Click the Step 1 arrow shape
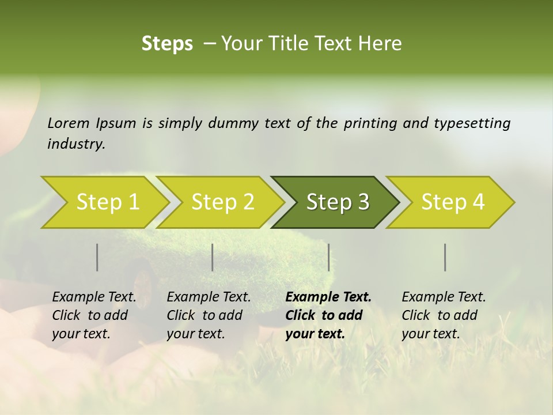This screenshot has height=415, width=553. click(107, 202)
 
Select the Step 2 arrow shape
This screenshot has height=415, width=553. click(222, 202)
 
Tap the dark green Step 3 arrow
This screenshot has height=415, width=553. click(337, 202)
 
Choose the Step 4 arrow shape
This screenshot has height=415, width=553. click(452, 202)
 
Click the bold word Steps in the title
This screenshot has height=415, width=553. click(167, 44)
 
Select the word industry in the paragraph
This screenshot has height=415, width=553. click(76, 144)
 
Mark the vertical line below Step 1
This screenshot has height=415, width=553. click(97, 257)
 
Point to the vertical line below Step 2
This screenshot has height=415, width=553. click(213, 257)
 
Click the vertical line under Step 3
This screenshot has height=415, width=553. click(328, 257)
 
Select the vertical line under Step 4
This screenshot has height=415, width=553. click(445, 257)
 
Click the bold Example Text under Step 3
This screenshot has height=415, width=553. click(328, 297)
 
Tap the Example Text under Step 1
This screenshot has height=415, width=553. click(94, 297)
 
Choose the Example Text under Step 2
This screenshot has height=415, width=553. click(209, 297)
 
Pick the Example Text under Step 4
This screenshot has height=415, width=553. click(444, 297)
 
